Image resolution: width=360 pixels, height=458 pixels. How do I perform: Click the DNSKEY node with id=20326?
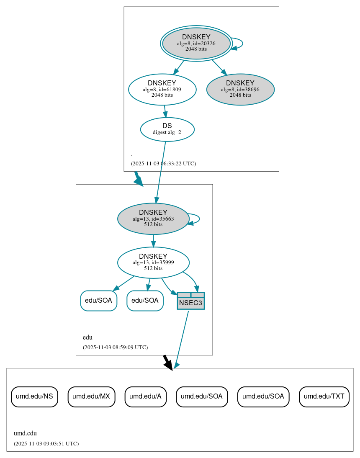[x=196, y=43]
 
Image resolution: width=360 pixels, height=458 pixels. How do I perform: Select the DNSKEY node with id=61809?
[x=162, y=89]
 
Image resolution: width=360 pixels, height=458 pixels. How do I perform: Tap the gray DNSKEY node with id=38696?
[x=240, y=89]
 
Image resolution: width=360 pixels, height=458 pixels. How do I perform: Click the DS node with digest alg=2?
[x=167, y=129]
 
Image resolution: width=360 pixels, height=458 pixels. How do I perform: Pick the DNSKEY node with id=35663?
[x=153, y=219]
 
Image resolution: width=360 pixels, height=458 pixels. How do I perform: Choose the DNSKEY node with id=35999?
[x=153, y=262]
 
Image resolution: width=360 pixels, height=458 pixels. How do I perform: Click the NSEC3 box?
[x=191, y=301]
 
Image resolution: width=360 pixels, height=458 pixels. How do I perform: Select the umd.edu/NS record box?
[x=34, y=396]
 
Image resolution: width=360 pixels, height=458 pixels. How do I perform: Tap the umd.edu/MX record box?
[x=91, y=396]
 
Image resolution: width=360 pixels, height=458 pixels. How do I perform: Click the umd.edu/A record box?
[x=146, y=396]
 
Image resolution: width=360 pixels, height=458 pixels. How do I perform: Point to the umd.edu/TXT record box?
[x=324, y=396]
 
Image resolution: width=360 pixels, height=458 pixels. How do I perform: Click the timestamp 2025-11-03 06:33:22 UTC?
[x=163, y=164]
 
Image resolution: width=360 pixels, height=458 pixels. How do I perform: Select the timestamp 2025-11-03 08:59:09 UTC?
[x=115, y=347]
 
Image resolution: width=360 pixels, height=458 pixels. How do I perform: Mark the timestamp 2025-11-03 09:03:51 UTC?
[x=46, y=443]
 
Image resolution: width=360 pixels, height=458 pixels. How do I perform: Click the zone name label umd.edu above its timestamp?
[x=25, y=433]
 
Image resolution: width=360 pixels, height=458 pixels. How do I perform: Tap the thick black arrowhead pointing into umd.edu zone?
[x=168, y=365]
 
